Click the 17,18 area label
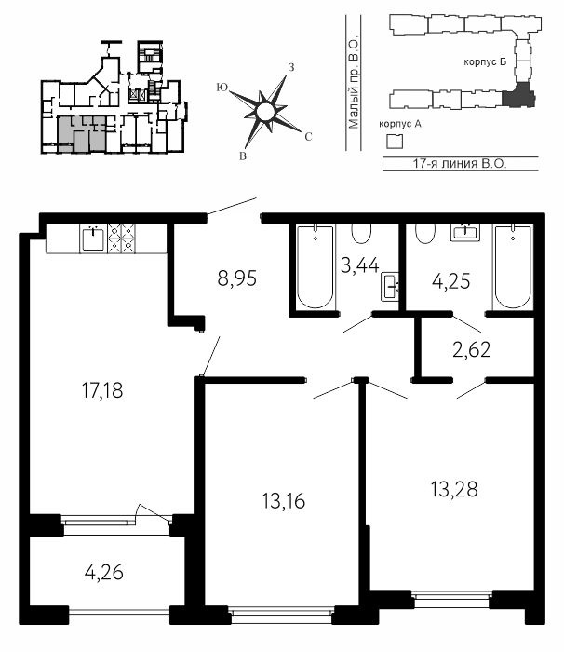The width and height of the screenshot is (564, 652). coord(102,390)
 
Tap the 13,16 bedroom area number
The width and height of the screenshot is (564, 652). coord(284,501)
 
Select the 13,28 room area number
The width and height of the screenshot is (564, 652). coord(454,489)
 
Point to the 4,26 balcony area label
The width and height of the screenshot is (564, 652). coord(104,573)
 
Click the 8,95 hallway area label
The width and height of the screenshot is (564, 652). coord(237,278)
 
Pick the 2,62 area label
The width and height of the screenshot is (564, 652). coord(471,349)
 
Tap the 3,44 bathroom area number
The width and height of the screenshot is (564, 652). coord(359,265)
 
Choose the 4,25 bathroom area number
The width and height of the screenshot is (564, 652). coord(451,281)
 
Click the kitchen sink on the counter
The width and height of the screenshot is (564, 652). coord(92,238)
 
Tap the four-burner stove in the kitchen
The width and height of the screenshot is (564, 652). coord(121,238)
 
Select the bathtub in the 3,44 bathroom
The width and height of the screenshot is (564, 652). coord(316,266)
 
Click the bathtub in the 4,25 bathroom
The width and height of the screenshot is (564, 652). coord(513,266)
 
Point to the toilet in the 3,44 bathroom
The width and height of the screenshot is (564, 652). coord(361,233)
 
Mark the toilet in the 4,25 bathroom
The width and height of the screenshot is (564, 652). coord(425,233)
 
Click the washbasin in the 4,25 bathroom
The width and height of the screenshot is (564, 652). coord(465,232)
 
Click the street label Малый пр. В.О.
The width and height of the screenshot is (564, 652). coord(354,84)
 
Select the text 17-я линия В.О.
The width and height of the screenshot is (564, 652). coord(460,163)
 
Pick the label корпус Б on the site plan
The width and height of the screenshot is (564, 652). coord(485,62)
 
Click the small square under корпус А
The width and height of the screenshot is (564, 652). coord(395,142)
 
